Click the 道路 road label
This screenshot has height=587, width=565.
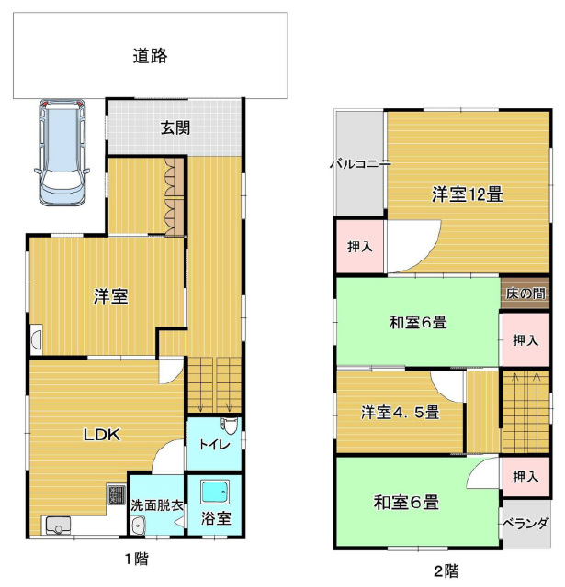click(x=150, y=56)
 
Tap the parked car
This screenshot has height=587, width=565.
click(x=62, y=152)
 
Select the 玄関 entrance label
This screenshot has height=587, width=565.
click(x=175, y=128)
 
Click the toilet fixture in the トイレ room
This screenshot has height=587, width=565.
click(x=230, y=426)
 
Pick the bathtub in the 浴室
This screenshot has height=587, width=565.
click(x=215, y=492)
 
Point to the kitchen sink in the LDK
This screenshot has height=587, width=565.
click(x=58, y=526)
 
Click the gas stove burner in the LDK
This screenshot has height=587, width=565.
click(x=117, y=494)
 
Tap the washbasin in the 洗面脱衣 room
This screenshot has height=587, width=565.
click(x=139, y=526)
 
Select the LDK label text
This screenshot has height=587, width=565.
click(x=101, y=435)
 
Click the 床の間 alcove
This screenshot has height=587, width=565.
click(x=525, y=293)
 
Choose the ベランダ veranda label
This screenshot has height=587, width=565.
click(x=526, y=523)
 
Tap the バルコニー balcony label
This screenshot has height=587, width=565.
click(x=360, y=164)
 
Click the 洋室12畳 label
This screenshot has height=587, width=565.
click(x=467, y=194)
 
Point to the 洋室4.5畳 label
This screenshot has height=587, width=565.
click(x=400, y=412)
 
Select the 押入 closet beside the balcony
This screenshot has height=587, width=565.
click(x=360, y=247)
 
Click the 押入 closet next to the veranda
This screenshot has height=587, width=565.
click(x=525, y=477)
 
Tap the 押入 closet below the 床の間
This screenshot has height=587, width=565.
click(x=525, y=340)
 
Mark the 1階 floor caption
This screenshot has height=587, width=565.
click(x=137, y=559)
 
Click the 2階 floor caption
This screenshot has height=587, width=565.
click(x=446, y=571)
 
